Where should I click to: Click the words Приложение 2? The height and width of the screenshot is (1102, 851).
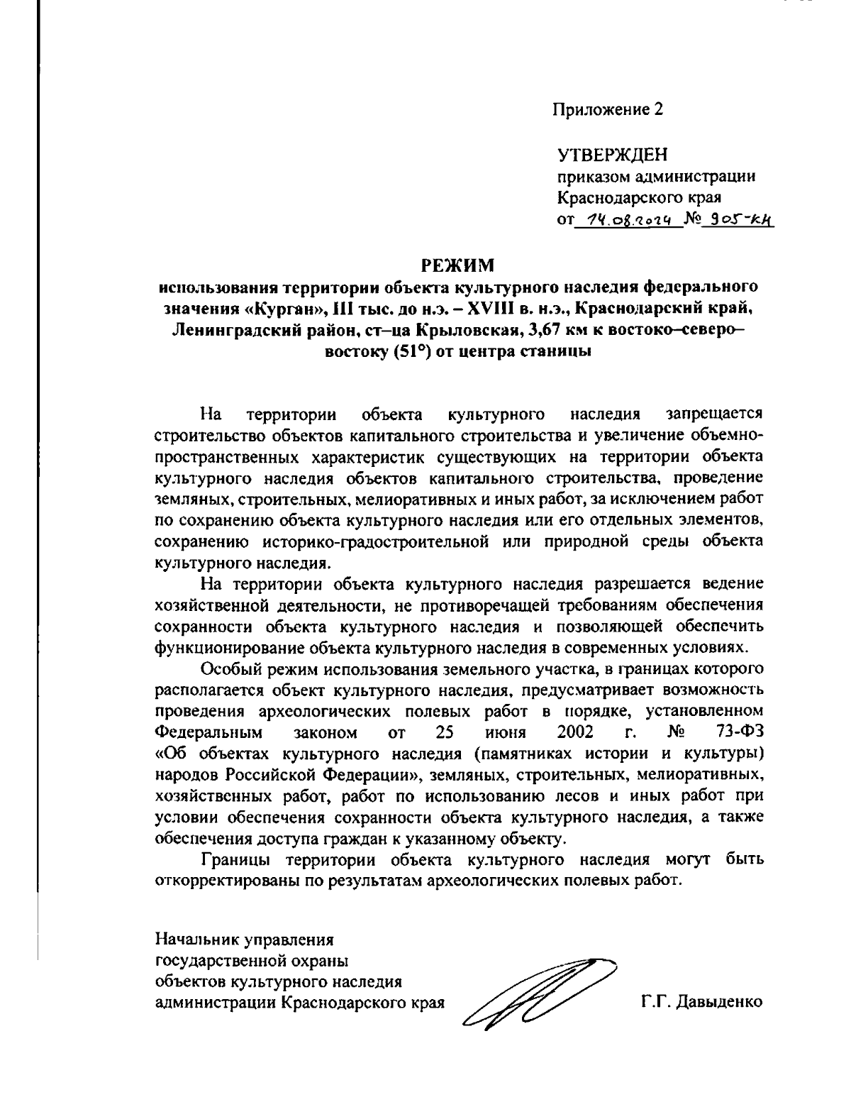pos(609,109)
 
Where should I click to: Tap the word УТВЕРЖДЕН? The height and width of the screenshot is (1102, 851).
pos(613,154)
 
